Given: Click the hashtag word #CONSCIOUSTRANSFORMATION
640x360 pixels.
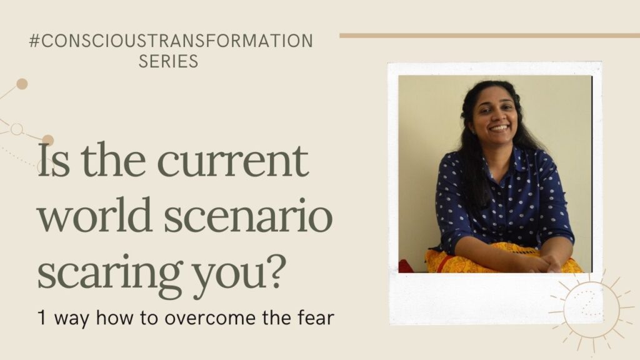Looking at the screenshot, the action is pyautogui.click(x=171, y=41).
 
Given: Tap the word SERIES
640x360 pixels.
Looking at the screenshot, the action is pyautogui.click(x=169, y=61).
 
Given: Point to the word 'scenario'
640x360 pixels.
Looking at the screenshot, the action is pyautogui.click(x=248, y=216).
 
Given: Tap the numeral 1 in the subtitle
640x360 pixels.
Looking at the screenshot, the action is pyautogui.click(x=42, y=317).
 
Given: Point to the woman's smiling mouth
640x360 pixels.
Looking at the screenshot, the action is pyautogui.click(x=499, y=127).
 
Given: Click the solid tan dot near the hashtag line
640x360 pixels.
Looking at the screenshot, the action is pyautogui.click(x=22, y=84).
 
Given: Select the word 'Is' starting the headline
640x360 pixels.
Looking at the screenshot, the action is pyautogui.click(x=53, y=161).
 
